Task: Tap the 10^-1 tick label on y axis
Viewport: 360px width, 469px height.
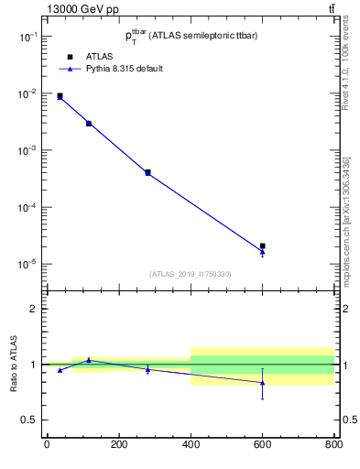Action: point(29,37)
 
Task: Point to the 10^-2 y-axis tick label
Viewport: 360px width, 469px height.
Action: point(29,93)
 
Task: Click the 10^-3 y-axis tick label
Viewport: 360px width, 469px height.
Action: point(29,150)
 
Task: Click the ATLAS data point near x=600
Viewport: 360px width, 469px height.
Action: point(262,245)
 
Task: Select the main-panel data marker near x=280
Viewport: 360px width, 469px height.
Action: point(147,172)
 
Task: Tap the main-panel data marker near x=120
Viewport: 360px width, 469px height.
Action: point(89,123)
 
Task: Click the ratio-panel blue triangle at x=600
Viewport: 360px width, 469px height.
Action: point(262,383)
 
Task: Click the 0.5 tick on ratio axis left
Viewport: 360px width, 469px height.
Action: point(27,420)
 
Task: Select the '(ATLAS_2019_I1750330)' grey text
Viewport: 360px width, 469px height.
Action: point(190,274)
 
